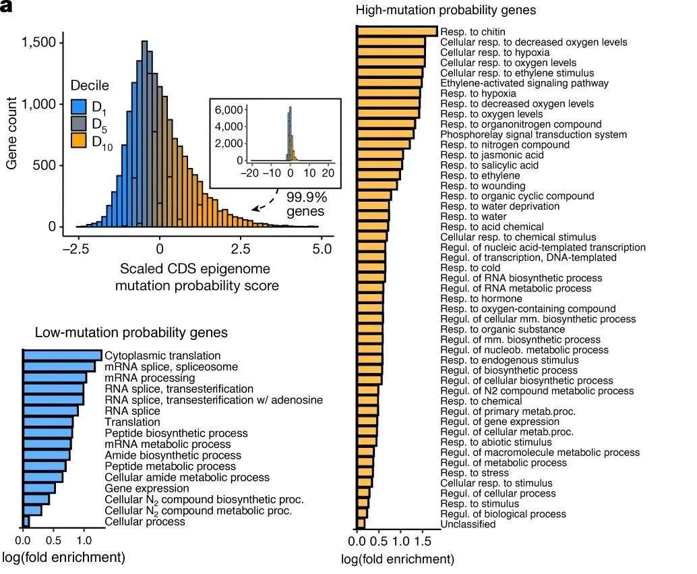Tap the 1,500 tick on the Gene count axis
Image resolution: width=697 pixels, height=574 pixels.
(x=42, y=43)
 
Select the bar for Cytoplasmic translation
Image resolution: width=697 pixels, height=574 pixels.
(x=62, y=355)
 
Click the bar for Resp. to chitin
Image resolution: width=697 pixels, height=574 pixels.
(x=397, y=32)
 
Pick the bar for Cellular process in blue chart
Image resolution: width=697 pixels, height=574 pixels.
(x=26, y=521)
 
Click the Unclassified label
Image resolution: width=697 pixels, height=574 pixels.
(x=468, y=524)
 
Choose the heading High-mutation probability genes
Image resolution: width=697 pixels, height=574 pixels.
(x=446, y=10)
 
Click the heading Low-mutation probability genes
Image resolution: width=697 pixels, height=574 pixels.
(x=131, y=333)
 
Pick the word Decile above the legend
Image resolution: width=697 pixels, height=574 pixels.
(x=90, y=86)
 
